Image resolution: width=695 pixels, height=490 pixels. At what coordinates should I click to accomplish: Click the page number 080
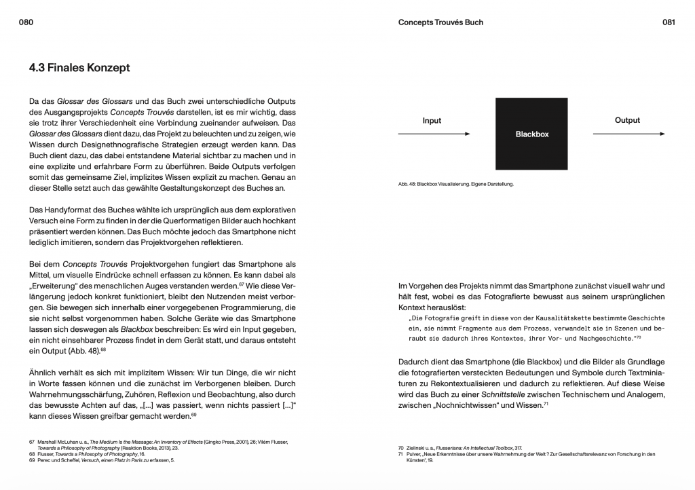[x=26, y=22]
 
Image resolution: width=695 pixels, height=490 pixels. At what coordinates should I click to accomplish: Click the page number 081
[x=669, y=22]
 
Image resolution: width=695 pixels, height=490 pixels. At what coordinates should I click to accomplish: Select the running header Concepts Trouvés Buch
[x=440, y=22]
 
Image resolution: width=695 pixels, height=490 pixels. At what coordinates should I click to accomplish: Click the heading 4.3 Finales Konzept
[x=79, y=69]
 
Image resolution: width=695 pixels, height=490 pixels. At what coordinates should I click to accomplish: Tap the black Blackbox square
[x=531, y=134]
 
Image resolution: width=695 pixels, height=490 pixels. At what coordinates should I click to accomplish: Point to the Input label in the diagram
[x=432, y=121]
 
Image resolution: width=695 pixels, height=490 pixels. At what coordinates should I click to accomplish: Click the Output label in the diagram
[x=627, y=120]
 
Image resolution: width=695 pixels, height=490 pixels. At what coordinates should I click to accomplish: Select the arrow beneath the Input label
[x=434, y=134]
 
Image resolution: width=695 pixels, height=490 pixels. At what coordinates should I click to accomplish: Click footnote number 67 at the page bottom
[x=32, y=442]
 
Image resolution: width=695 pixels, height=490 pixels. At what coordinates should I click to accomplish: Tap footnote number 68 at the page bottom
[x=32, y=454]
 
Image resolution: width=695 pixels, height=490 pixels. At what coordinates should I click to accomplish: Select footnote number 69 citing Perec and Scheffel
[x=32, y=460]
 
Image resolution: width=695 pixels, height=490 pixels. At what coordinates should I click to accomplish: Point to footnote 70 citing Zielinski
[x=401, y=448]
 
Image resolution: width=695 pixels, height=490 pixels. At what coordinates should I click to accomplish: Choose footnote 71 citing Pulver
[x=401, y=454]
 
